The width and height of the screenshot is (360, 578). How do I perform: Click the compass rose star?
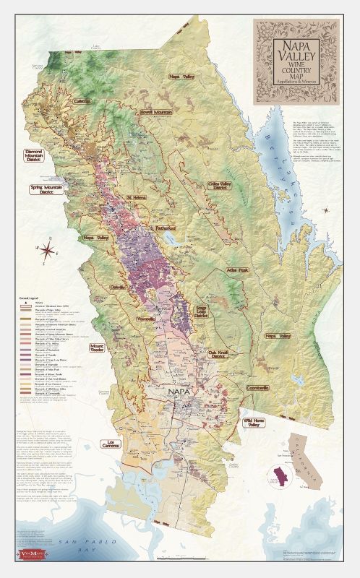pos(49,251)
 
